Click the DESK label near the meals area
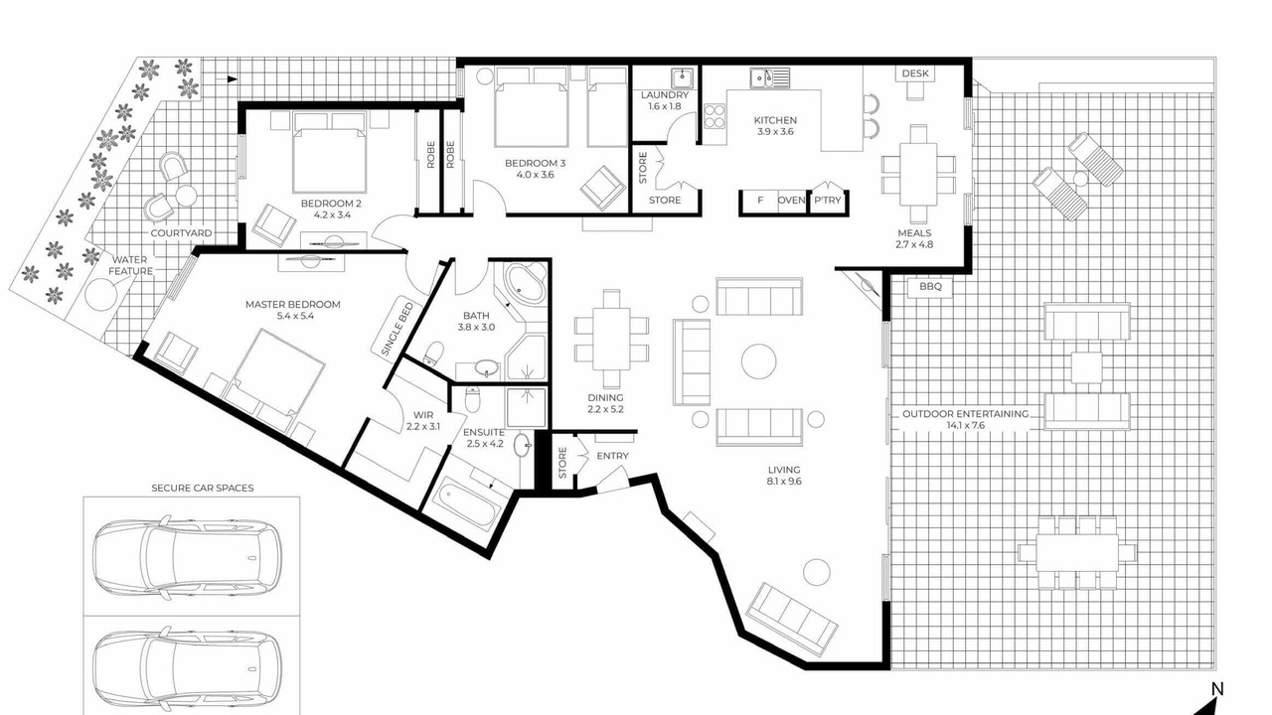(915, 73)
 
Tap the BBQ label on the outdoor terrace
(930, 287)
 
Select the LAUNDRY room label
(665, 94)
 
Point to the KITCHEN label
(775, 120)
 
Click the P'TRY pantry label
(828, 201)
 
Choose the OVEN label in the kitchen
(792, 201)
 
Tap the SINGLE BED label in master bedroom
(397, 330)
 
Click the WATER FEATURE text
(130, 265)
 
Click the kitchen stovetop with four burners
(715, 116)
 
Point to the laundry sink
(682, 78)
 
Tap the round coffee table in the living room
(758, 360)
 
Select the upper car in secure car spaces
(188, 557)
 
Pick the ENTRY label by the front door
(613, 456)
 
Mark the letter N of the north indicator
(1217, 689)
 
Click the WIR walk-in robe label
(423, 415)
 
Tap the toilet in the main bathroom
(434, 353)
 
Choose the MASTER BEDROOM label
(293, 304)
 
